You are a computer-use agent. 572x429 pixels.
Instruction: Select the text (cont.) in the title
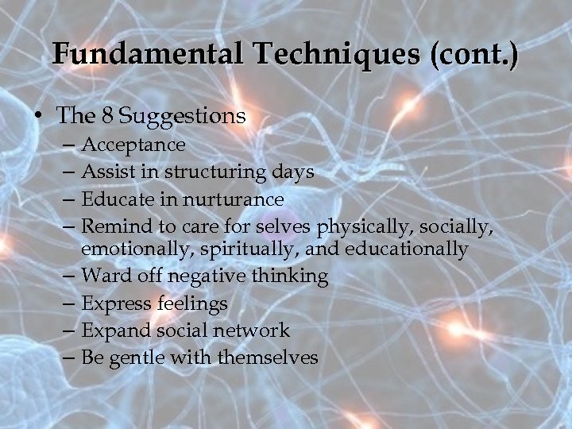(474, 54)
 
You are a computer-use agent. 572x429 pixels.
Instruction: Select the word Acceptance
(133, 145)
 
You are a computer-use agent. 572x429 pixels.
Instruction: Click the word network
(253, 330)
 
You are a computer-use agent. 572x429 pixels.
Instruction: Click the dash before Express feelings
(69, 303)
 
